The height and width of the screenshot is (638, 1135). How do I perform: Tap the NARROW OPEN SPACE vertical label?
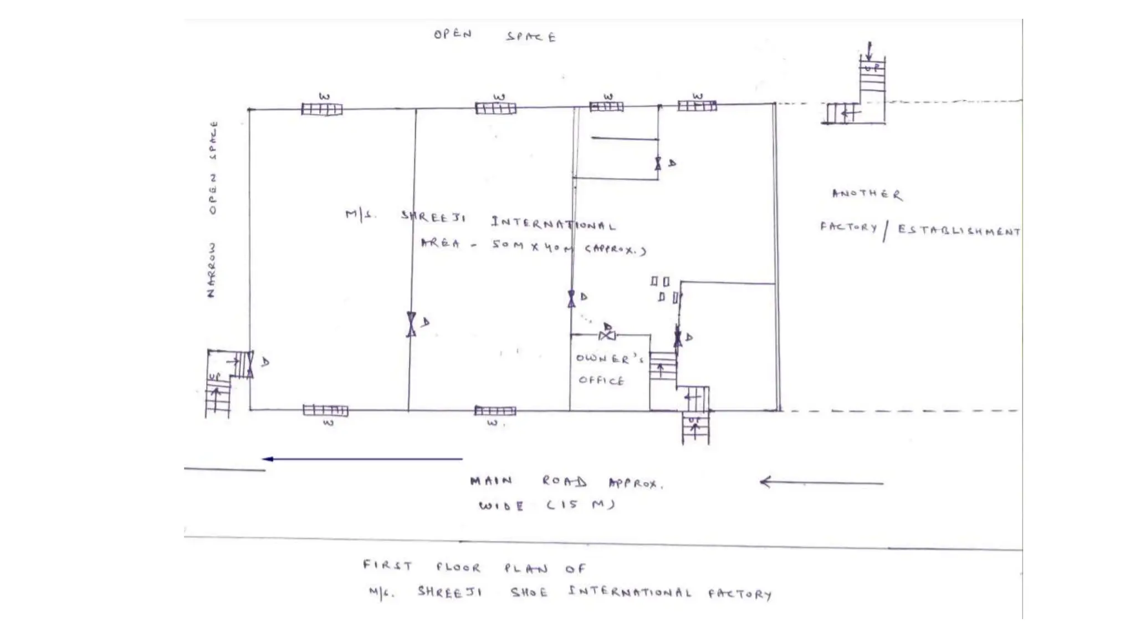pos(212,209)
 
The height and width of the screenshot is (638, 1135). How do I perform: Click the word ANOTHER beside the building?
pos(867,194)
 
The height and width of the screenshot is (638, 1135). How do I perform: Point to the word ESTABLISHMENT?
pos(958,230)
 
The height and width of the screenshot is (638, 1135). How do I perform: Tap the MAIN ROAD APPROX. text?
pos(566,482)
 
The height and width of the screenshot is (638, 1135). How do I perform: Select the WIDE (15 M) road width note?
pos(546,505)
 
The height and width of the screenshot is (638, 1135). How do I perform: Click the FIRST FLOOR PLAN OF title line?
pos(474,567)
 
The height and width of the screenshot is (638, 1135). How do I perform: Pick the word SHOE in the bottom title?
pos(529,593)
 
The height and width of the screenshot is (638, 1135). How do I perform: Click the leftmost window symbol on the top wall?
pos(322,109)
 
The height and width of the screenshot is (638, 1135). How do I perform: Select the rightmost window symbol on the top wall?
pos(697,105)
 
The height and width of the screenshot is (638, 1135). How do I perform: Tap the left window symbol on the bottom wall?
pos(326,410)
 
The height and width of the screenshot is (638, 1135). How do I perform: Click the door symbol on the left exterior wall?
pos(250,364)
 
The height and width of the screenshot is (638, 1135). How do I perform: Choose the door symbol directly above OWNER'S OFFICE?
pos(607,335)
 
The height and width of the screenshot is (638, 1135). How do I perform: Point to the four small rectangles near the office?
pos(664,290)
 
